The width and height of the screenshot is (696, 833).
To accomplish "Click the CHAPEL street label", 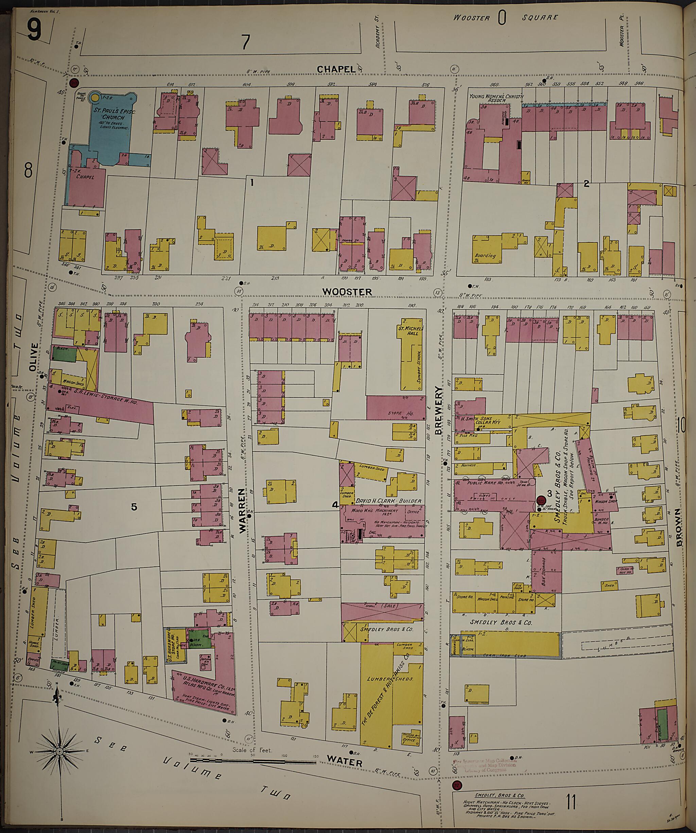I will [x=335, y=69].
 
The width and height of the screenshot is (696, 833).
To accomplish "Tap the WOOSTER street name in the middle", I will [x=347, y=292].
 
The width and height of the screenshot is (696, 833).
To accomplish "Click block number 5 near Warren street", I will [x=134, y=507].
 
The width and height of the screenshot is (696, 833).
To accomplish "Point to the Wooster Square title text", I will [x=506, y=17].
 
